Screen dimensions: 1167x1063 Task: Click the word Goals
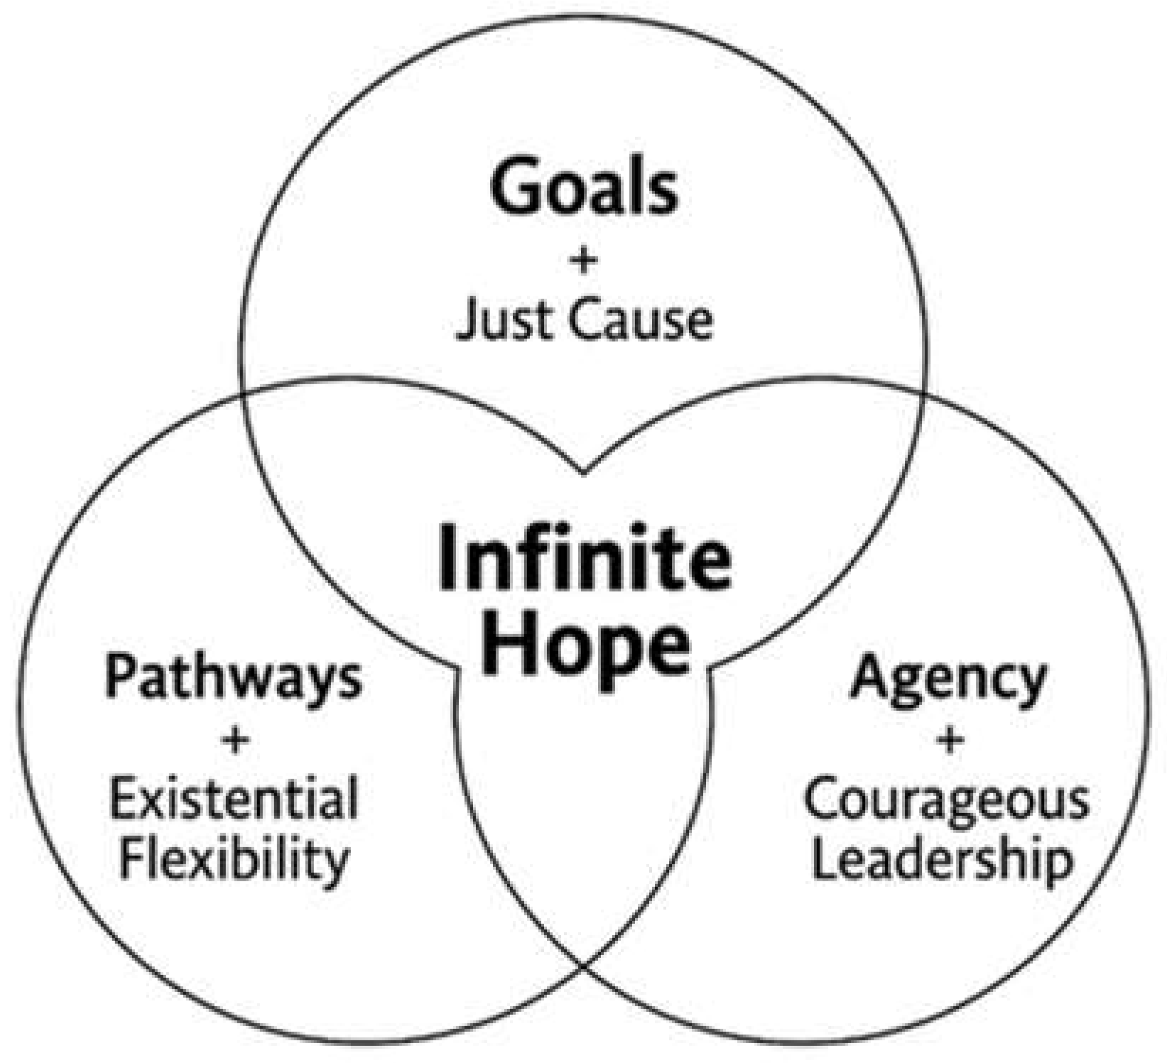[583, 187]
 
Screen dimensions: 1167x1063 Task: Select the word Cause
[639, 320]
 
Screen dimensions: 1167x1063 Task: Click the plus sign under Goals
[583, 261]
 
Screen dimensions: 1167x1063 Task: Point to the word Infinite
[584, 556]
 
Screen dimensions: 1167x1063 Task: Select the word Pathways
[234, 678]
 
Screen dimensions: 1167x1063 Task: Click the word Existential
[234, 800]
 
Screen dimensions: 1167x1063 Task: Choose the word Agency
[949, 678]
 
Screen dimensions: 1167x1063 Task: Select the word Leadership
[942, 860]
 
